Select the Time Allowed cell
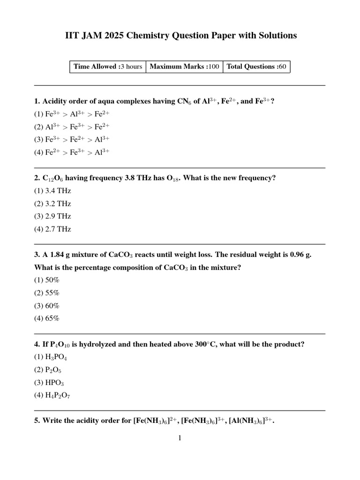pyautogui.click(x=107, y=67)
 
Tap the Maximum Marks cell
pyautogui.click(x=184, y=67)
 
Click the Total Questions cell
pyautogui.click(x=256, y=67)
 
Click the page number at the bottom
pyautogui.click(x=180, y=438)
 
